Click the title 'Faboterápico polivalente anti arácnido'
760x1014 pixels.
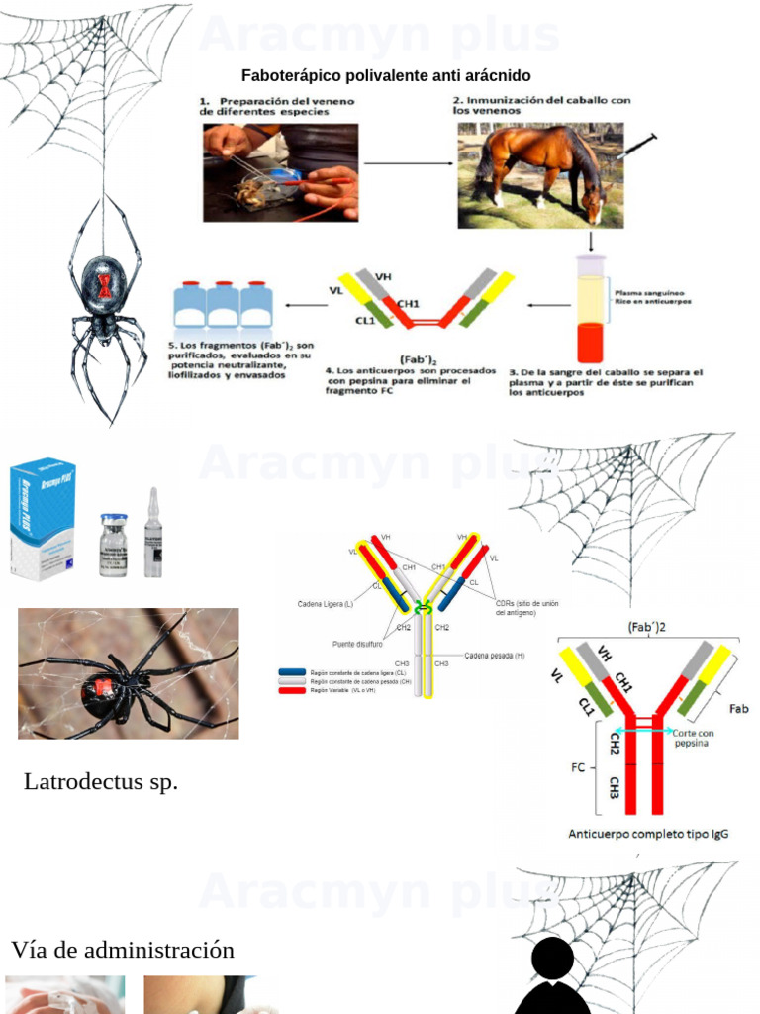coord(386,76)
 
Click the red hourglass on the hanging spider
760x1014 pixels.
coord(104,283)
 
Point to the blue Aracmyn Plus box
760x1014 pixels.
coord(42,518)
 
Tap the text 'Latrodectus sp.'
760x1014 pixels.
coord(101,781)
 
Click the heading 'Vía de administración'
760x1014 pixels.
coord(123,950)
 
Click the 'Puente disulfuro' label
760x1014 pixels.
coord(357,643)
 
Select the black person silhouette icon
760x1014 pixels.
coord(552,977)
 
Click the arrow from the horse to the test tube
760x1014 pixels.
coord(591,240)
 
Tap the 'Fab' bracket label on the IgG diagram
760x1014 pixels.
coord(738,709)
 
